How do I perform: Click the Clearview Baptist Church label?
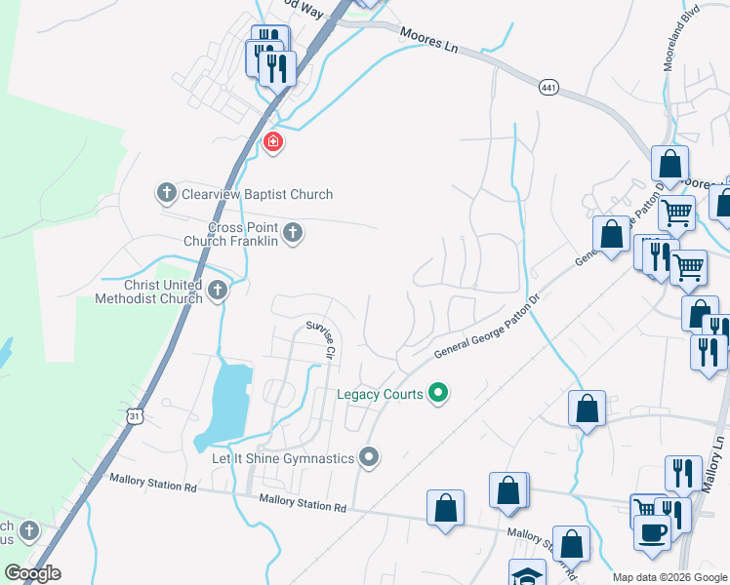coord(257,194)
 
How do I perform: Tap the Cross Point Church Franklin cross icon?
coord(293,232)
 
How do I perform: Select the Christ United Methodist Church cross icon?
coord(218,290)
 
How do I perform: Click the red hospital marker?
coord(273,143)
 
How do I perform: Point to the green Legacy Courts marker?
coord(439,394)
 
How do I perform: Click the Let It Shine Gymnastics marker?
coord(369,456)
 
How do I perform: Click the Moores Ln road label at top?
coord(427,38)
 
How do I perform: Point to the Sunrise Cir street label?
coord(319,338)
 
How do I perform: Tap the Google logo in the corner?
coord(33,573)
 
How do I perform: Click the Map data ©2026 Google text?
coord(669,577)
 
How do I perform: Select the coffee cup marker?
coord(653,532)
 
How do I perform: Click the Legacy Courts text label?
coord(380,394)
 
